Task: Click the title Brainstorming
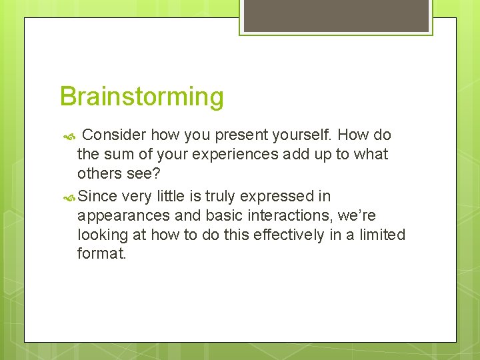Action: pos(141,97)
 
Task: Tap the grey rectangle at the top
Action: pos(335,15)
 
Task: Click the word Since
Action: pos(98,197)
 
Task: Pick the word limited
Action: pos(381,235)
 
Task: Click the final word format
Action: pos(101,253)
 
